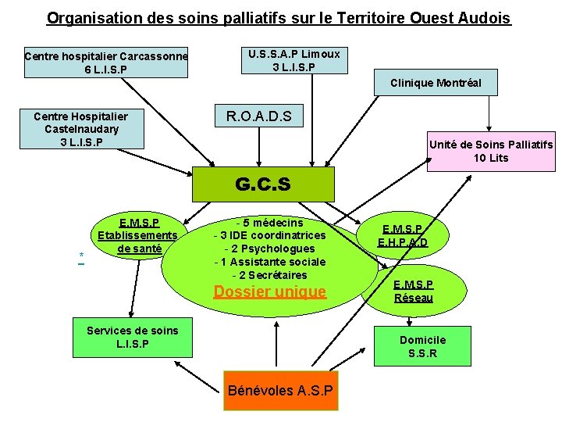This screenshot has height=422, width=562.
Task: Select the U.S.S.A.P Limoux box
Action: [294, 60]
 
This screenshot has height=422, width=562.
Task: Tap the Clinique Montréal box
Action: [436, 83]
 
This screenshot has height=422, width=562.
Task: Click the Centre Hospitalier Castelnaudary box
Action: [81, 129]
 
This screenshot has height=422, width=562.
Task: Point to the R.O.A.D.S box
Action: [258, 117]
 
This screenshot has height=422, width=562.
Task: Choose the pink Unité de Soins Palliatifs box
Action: [490, 152]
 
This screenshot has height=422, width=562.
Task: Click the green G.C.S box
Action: [263, 184]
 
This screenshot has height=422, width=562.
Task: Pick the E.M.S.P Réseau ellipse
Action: [413, 291]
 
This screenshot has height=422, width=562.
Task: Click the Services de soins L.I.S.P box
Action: [132, 337]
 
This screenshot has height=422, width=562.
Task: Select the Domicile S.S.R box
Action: [422, 346]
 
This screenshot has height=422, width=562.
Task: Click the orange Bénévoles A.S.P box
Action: [280, 390]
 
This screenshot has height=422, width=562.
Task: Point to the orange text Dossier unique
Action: [270, 292]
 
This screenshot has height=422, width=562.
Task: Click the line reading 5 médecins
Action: [269, 224]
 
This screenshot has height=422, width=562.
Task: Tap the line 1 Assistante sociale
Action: [270, 262]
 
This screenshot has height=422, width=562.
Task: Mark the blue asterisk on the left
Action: [81, 256]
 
